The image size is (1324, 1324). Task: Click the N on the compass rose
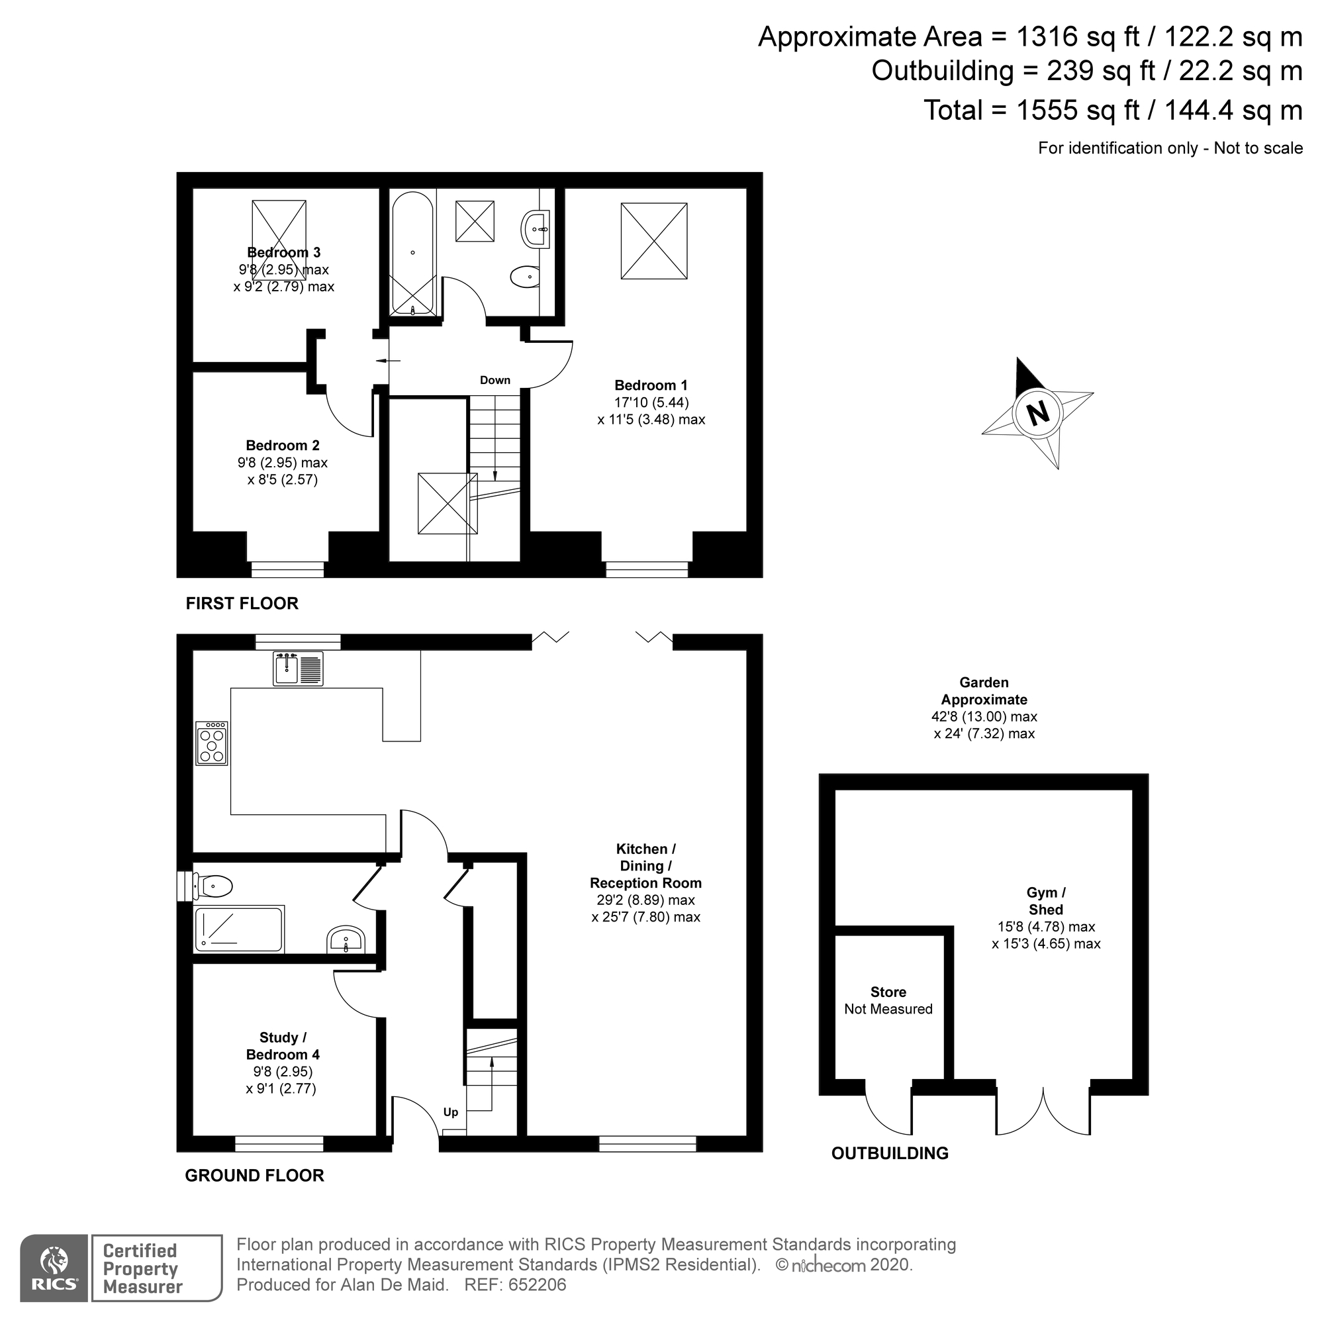coord(1038,413)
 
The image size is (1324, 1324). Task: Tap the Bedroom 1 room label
coord(650,386)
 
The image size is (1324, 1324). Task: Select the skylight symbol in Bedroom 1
coord(654,240)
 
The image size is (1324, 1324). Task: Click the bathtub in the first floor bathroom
coord(412,254)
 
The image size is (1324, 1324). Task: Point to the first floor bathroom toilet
coord(525,277)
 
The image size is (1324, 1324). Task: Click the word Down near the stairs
coord(495,381)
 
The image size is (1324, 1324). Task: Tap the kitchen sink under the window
coord(298,669)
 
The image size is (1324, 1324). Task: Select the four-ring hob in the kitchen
coord(211,743)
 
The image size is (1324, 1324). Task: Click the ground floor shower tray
coord(238,930)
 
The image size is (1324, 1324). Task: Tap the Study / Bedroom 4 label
coord(283,1046)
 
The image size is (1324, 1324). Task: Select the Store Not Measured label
coord(888,1000)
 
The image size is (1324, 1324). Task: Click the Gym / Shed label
coord(1046,901)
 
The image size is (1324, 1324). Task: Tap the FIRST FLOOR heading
coord(242,604)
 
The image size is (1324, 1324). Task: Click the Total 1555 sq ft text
coord(1113,111)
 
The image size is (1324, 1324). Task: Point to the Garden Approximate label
coord(984,690)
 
